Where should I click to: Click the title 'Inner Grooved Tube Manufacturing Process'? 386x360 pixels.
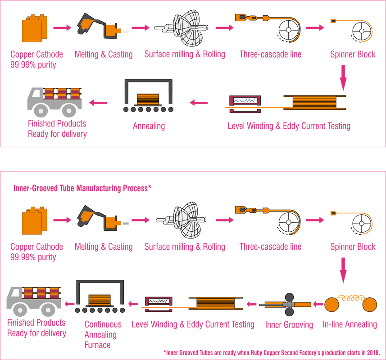(82, 186)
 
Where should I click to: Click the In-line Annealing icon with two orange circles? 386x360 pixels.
(350, 304)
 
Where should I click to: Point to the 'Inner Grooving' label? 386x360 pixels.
(289, 324)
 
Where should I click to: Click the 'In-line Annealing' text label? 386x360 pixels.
(350, 324)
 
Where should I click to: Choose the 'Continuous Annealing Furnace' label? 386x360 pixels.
(100, 334)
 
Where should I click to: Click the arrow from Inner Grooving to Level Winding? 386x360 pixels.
(250, 305)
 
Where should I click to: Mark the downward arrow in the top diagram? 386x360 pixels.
(343, 77)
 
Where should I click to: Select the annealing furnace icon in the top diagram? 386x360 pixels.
(149, 96)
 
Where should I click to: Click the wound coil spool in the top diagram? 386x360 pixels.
(313, 101)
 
